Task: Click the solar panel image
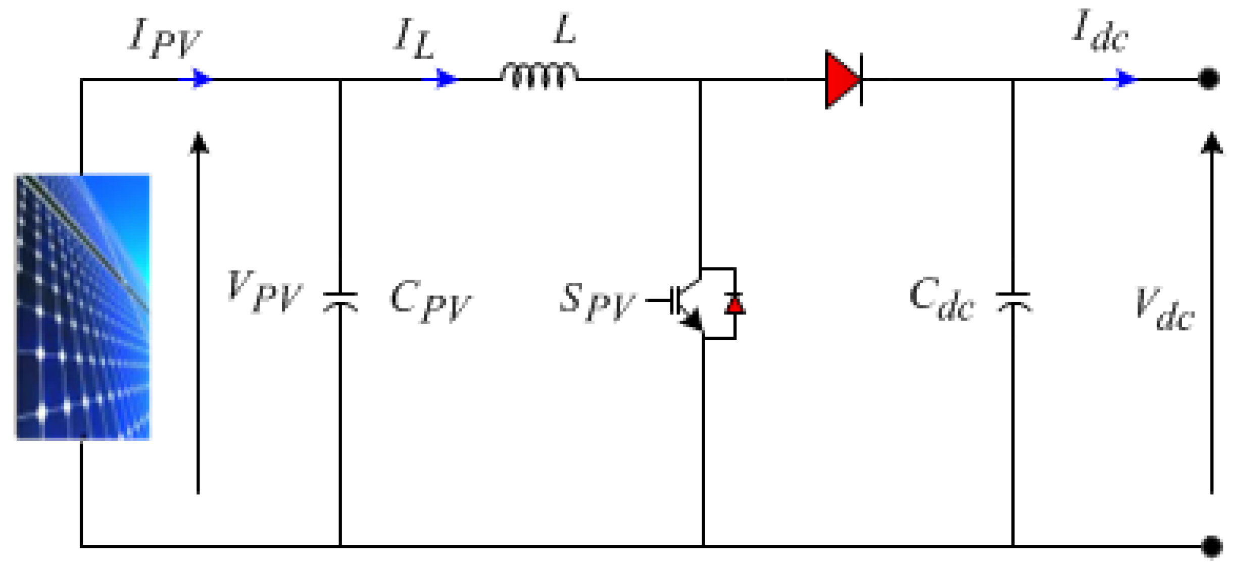coord(83,306)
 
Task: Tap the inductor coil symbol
coord(538,76)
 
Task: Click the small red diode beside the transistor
coord(734,305)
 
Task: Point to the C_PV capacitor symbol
coord(340,302)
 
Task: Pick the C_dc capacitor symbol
coord(1013,302)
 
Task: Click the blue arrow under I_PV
coord(198,79)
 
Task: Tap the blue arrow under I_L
coord(442,79)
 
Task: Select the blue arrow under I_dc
coord(1122,79)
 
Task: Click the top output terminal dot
coord(1208,79)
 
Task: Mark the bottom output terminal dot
coord(1211,546)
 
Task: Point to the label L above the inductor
coord(564,30)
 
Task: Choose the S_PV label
coord(596,301)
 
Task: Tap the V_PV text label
coord(264,292)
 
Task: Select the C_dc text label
coord(941,299)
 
